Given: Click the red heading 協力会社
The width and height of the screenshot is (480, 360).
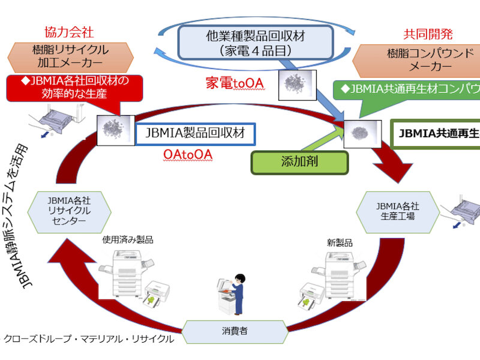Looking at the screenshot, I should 69,31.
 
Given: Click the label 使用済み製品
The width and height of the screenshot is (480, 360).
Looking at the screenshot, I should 128,239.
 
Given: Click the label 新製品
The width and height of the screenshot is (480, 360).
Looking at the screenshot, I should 340,244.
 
